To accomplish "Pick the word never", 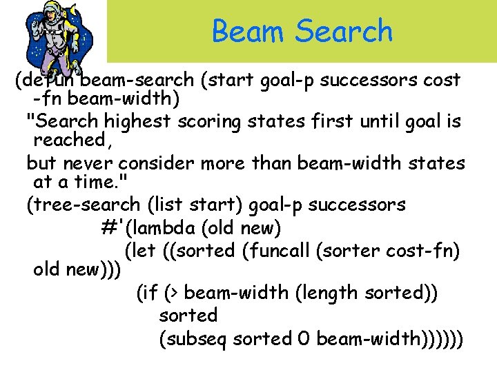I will (x=90, y=164).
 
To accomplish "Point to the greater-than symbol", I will (x=174, y=293).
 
